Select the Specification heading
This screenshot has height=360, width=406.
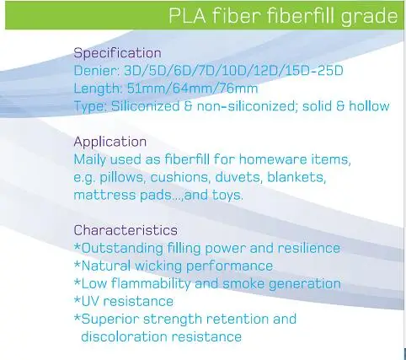tap(117, 53)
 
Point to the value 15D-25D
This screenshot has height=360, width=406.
tap(314, 70)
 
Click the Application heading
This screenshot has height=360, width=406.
tap(110, 142)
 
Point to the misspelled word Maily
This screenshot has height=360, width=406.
tap(90, 160)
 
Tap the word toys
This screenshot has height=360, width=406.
tap(227, 196)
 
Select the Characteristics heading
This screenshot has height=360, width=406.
tap(126, 230)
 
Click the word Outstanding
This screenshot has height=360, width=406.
tap(122, 249)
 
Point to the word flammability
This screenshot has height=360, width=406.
tap(151, 284)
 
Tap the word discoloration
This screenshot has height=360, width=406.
tap(124, 336)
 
